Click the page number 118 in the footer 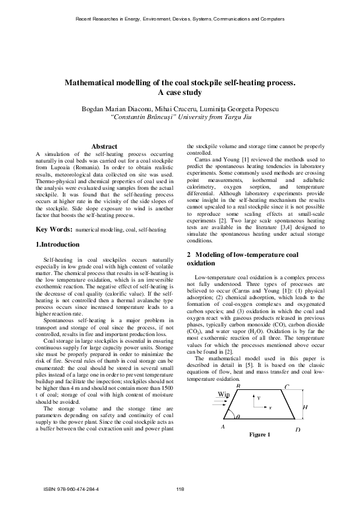[180, 489]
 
